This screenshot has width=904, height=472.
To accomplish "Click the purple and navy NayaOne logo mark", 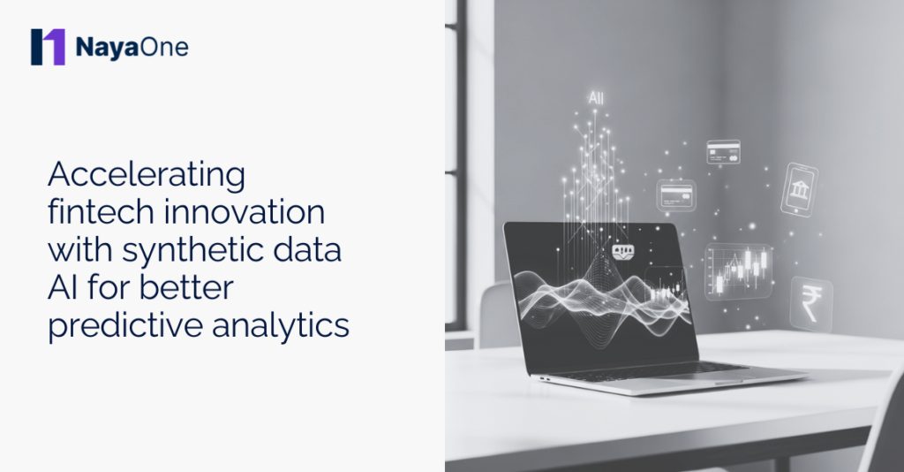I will pos(48,47).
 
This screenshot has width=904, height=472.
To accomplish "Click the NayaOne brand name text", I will pos(132,47).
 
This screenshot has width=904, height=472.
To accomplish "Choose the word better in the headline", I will pos(204,288).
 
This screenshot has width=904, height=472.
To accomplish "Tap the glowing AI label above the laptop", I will pos(596,99).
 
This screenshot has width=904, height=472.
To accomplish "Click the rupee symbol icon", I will pos(811,301).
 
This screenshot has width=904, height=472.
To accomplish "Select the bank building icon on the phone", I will pos(800,189).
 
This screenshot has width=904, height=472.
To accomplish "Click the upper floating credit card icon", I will pos(723,151).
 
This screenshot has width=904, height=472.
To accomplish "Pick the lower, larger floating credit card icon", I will pos(676,195).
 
